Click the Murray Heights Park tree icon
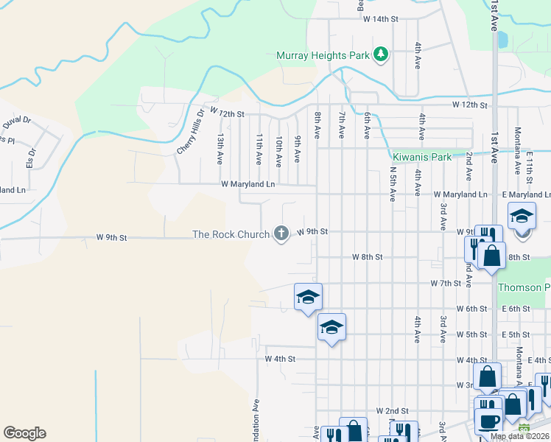[x=380, y=55]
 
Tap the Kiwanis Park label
[x=421, y=157]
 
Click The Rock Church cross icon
[x=281, y=234]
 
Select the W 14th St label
[x=380, y=18]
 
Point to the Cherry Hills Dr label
[x=190, y=132]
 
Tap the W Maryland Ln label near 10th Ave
[x=248, y=184]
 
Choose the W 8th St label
[x=368, y=257]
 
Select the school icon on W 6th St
[x=308, y=296]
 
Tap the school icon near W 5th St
[x=332, y=326]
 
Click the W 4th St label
[x=280, y=359]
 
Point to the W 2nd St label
[x=392, y=410]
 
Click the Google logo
[x=24, y=433]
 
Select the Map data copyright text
[x=520, y=436]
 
